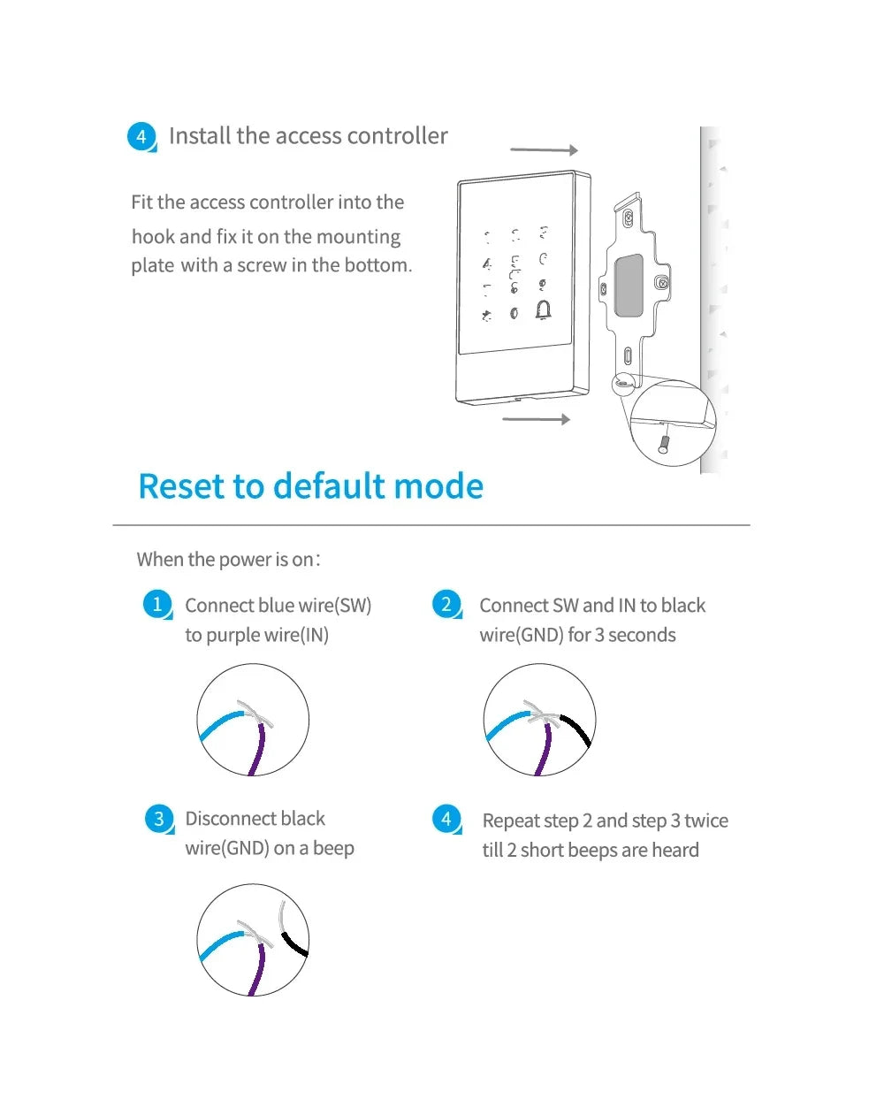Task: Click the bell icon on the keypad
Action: coord(543,310)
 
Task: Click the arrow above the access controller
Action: coord(544,150)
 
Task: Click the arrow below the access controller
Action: coord(536,418)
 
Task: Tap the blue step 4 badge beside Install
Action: coord(141,137)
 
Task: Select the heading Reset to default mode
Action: coord(311,486)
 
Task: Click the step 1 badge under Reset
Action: coord(157,605)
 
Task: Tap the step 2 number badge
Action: coord(446,605)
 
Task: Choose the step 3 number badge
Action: coord(158,819)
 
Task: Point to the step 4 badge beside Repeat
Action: coord(446,819)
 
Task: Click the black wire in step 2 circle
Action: coord(578,729)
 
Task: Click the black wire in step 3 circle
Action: coord(295,943)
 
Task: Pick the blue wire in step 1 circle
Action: coord(219,724)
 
